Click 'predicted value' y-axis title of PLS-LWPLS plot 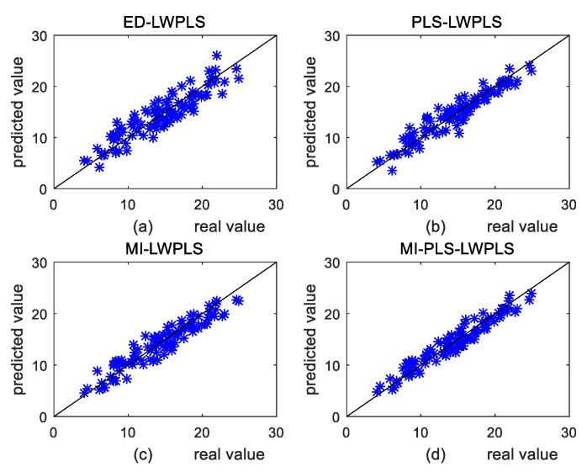coord(310,112)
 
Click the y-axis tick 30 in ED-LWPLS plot coord(40,35)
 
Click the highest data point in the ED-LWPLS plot coord(217,56)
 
